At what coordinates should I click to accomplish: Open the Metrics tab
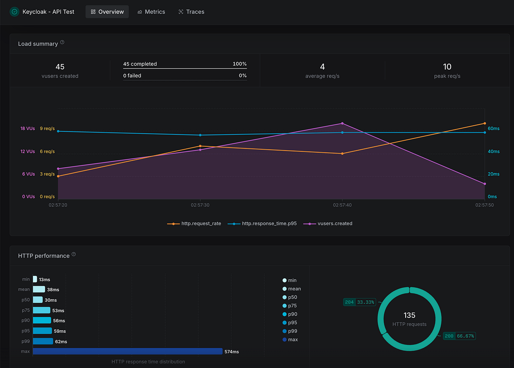pyautogui.click(x=151, y=12)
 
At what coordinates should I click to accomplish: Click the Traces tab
pyautogui.click(x=191, y=12)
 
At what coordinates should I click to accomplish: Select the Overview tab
pyautogui.click(x=107, y=12)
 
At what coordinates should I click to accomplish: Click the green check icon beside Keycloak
pyautogui.click(x=14, y=12)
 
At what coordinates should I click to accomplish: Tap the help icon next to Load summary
pyautogui.click(x=62, y=42)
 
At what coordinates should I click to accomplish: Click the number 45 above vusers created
pyautogui.click(x=60, y=66)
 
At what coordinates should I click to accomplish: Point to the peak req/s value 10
pyautogui.click(x=447, y=66)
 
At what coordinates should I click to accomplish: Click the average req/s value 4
pyautogui.click(x=322, y=66)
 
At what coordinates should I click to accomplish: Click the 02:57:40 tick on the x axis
pyautogui.click(x=342, y=205)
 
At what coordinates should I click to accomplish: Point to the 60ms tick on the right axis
pyautogui.click(x=493, y=129)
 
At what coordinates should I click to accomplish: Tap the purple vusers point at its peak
pyautogui.click(x=342, y=124)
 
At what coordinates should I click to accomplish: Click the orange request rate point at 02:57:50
pyautogui.click(x=484, y=124)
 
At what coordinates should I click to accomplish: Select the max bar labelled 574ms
pyautogui.click(x=128, y=351)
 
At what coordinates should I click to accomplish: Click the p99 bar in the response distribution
pyautogui.click(x=42, y=341)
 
